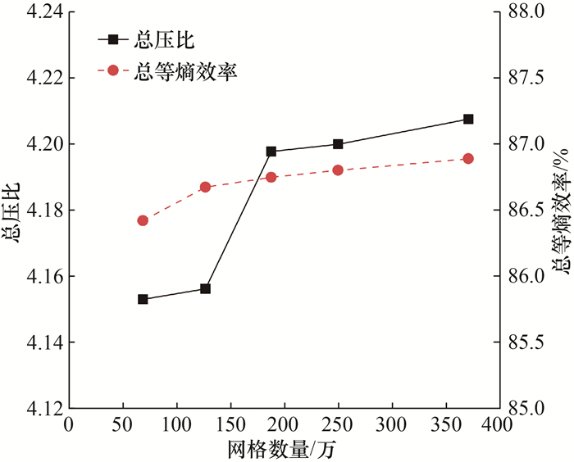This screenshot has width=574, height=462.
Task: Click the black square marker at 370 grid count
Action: [x=468, y=120]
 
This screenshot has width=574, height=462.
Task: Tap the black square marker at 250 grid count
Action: [x=337, y=144]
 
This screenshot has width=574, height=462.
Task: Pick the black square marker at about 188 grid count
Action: [x=271, y=152]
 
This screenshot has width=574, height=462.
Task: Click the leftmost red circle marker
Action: [x=143, y=220]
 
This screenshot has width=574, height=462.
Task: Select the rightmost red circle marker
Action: [x=468, y=158]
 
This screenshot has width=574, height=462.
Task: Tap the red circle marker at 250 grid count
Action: [x=337, y=170]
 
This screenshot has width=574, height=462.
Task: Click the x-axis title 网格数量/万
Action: [x=282, y=449]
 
